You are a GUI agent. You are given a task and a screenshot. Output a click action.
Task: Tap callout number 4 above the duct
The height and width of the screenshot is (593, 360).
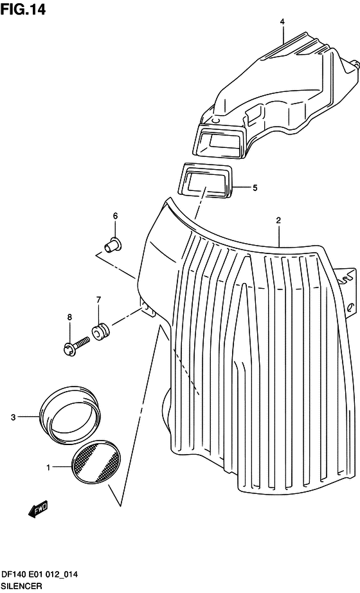(x=282, y=23)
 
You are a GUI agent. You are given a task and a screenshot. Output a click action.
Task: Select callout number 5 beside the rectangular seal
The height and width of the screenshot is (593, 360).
(x=255, y=188)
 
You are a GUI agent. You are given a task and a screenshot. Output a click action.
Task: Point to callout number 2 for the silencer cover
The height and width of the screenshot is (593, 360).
(x=278, y=221)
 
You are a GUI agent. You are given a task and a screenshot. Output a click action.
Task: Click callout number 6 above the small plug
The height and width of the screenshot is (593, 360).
(x=115, y=216)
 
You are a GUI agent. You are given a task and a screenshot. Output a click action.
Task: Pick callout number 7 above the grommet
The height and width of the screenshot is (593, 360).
(x=98, y=300)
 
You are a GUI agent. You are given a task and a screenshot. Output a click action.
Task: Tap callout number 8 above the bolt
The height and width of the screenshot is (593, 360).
(x=69, y=317)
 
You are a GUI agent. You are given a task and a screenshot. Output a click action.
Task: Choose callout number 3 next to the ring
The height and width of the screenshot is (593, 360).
(x=14, y=417)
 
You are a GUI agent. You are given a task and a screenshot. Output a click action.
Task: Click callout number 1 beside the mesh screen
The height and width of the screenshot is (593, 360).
(x=48, y=468)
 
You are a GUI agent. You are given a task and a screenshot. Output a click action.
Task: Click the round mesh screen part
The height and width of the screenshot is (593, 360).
(x=96, y=462)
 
